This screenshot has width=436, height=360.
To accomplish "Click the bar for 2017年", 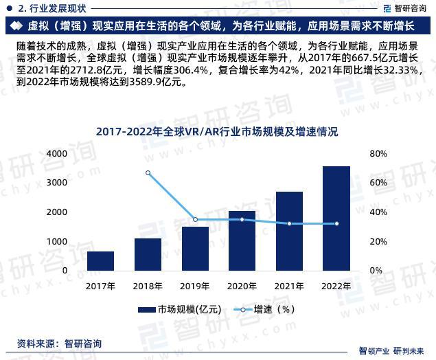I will (x=100, y=261).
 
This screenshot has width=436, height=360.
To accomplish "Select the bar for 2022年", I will (x=336, y=218).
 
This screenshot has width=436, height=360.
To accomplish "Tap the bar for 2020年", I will (x=242, y=240).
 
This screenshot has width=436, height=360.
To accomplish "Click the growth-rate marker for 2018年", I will (x=148, y=173).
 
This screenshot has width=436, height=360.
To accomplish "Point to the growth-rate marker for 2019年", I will (x=195, y=220).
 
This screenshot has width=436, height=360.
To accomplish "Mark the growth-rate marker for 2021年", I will (x=289, y=224).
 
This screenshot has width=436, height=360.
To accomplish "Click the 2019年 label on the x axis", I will (x=195, y=284).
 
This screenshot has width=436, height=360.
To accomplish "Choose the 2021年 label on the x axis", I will (x=289, y=284).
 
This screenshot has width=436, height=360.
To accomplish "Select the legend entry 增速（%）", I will (x=265, y=309).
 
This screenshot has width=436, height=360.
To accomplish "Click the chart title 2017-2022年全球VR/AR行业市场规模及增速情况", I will (x=217, y=131).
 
